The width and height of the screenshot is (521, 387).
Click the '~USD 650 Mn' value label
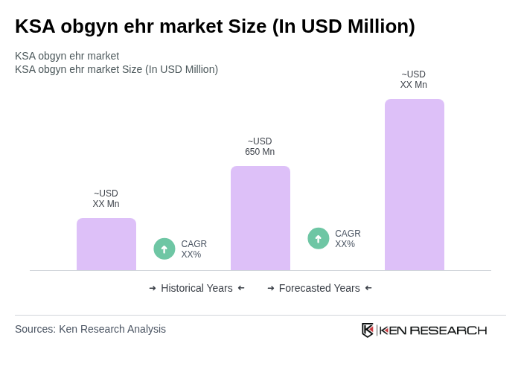click(x=260, y=147)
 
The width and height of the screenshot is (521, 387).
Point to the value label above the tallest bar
click(x=414, y=80)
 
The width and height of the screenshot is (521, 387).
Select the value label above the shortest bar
click(x=106, y=199)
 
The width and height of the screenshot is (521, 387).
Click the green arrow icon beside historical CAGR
click(x=164, y=249)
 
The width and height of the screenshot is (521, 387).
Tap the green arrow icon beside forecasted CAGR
click(x=319, y=239)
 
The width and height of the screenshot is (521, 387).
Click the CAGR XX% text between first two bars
click(x=194, y=249)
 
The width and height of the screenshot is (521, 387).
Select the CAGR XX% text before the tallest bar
click(x=348, y=239)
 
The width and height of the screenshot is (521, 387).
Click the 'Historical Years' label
click(x=196, y=288)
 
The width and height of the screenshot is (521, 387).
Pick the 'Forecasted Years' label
click(x=319, y=288)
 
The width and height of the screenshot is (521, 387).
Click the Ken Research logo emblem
click(x=368, y=330)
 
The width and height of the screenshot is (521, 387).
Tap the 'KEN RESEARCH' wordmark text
click(x=433, y=330)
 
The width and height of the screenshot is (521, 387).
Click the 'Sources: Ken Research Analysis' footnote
click(x=90, y=329)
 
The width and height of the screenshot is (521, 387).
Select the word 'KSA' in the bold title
click(x=33, y=26)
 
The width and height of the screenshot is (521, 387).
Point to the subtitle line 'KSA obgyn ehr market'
click(x=67, y=56)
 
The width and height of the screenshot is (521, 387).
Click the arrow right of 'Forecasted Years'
click(x=368, y=288)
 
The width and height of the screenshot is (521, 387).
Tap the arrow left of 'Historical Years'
click(x=153, y=288)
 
